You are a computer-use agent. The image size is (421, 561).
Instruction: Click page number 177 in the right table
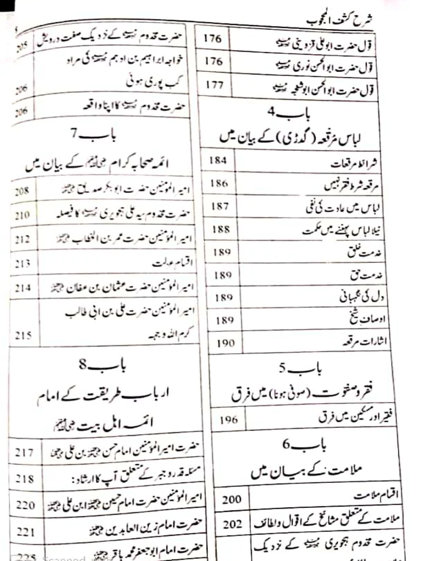pos(215,85)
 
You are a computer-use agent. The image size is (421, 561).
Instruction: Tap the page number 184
pos(218,160)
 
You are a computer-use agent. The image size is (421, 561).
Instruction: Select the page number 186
pos(219,183)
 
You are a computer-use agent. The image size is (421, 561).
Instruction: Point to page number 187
pos(220,206)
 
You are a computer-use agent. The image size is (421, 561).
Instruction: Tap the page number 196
pos(228,420)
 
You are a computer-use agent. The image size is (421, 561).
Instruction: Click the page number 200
pos(232,500)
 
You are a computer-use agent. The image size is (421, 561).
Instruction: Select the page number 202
pos(232,524)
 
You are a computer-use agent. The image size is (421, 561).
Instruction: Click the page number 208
pos(22,191)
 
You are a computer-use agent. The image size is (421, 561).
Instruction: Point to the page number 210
pos(22,215)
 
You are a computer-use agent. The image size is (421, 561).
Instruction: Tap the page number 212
pos(22,239)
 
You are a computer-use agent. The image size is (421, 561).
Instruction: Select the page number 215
pos(23,335)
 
